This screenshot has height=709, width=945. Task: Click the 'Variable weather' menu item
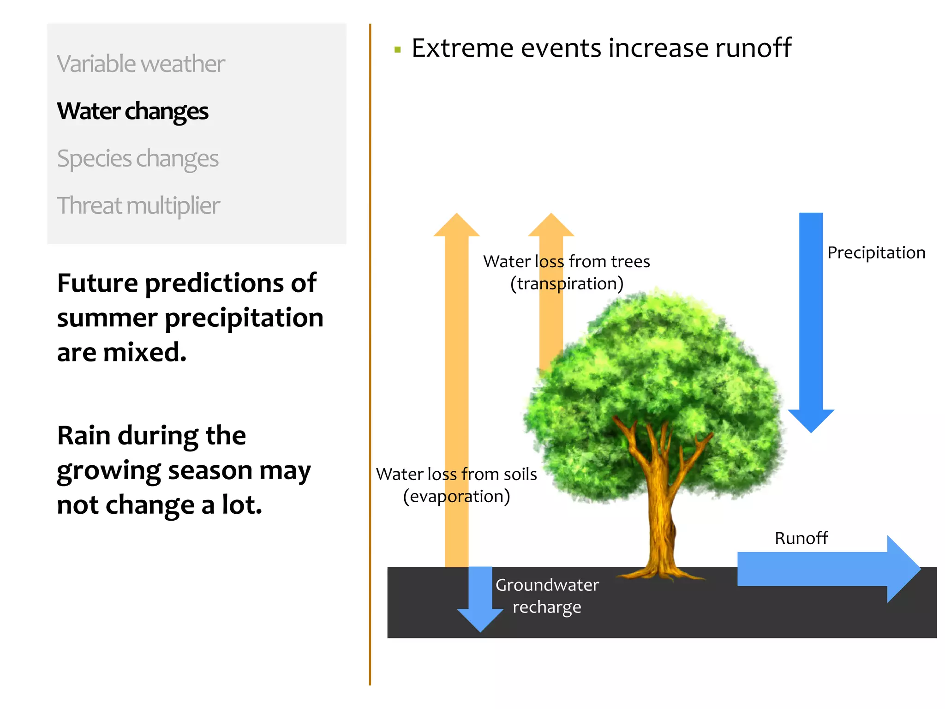tap(141, 64)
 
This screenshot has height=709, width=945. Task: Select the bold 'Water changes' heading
tap(132, 111)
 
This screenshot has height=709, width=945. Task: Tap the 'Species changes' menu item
tap(138, 159)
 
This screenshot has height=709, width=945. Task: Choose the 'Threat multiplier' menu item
tap(138, 206)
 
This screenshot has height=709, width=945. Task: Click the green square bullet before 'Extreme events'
tap(398, 50)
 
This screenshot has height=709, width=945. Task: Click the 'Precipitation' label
tap(876, 253)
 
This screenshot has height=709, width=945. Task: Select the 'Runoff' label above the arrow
tap(801, 538)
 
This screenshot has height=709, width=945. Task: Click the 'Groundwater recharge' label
tap(547, 596)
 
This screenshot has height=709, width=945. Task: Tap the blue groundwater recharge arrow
tap(480, 600)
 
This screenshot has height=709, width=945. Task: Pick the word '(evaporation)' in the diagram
tap(456, 497)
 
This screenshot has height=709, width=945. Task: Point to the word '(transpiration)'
tap(567, 284)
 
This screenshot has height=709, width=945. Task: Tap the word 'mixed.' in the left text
tap(145, 353)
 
